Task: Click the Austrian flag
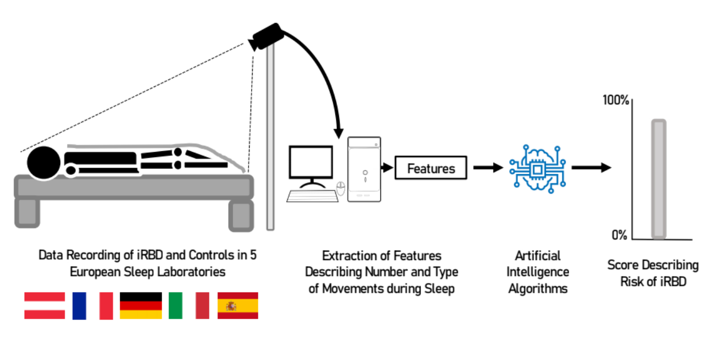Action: pyautogui.click(x=44, y=306)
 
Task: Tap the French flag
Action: pyautogui.click(x=93, y=306)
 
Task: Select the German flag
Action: pyautogui.click(x=141, y=306)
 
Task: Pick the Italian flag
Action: pyautogui.click(x=189, y=306)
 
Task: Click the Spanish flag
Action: pyautogui.click(x=238, y=306)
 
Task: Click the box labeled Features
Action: pyautogui.click(x=431, y=168)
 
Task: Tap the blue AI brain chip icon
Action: pyautogui.click(x=537, y=168)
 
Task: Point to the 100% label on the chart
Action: pyautogui.click(x=615, y=99)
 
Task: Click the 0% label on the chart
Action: pyautogui.click(x=619, y=235)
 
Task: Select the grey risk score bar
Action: pyautogui.click(x=659, y=179)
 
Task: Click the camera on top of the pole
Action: pyautogui.click(x=267, y=37)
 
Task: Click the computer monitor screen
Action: pyautogui.click(x=311, y=163)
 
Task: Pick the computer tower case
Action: pyautogui.click(x=364, y=169)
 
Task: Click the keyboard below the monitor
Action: pyautogui.click(x=312, y=196)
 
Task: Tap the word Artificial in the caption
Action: pyautogui.click(x=538, y=256)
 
